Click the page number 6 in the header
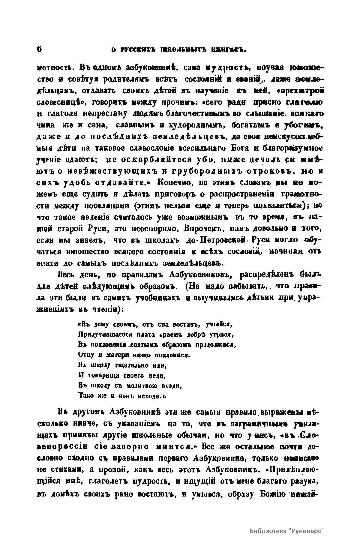click(x=40, y=49)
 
